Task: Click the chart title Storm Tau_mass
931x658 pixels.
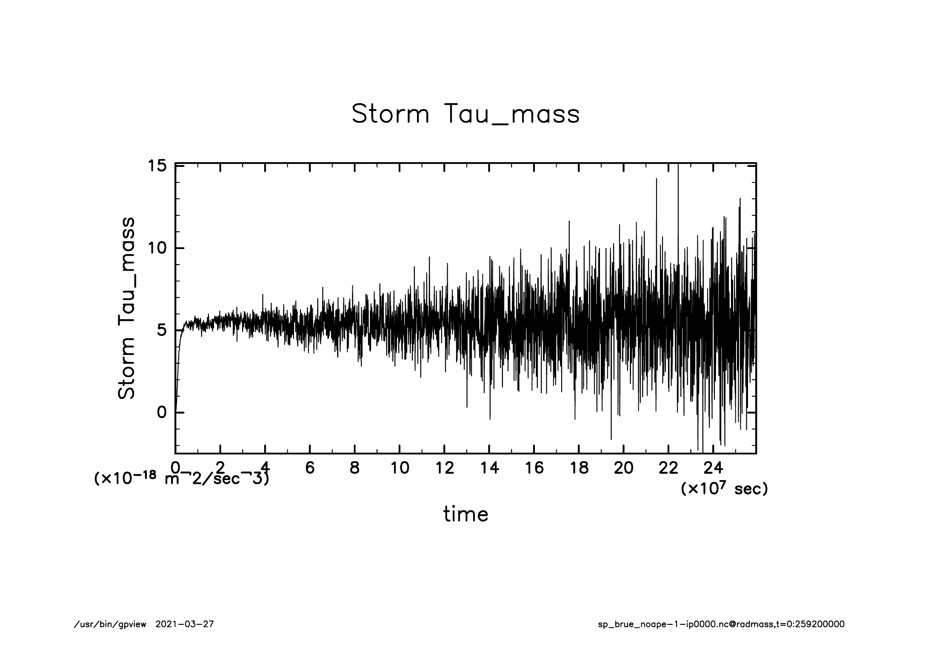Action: pos(465,114)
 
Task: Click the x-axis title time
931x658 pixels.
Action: pos(465,514)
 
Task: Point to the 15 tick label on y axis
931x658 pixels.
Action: pos(157,165)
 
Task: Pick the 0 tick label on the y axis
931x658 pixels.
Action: pos(162,412)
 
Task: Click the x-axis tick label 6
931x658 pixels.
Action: pos(310,468)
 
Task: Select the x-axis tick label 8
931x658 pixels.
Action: pos(354,468)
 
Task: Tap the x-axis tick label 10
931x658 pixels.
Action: pos(400,468)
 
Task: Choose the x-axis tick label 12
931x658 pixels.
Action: pos(444,468)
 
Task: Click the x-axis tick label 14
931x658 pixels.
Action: pos(489,468)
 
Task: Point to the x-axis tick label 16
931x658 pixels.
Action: pos(534,468)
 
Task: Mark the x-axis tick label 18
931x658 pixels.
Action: pos(579,468)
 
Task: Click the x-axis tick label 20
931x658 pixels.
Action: pos(624,468)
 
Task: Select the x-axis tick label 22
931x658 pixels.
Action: pos(668,468)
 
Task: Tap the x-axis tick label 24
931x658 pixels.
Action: pos(713,468)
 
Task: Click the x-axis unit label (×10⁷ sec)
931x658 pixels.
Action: pos(724,489)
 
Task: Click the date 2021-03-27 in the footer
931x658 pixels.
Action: pos(185,624)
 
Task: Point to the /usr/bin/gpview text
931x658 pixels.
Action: pos(110,624)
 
